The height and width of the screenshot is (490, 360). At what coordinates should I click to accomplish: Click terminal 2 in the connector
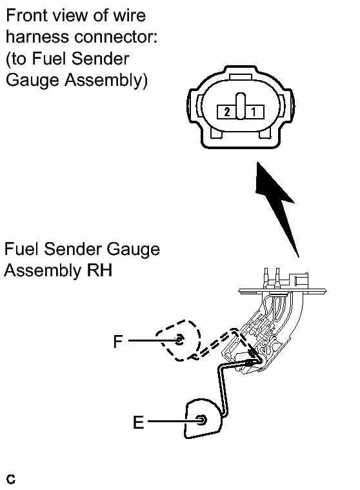(x=226, y=112)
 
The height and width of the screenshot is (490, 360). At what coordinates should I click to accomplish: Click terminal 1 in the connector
(x=254, y=112)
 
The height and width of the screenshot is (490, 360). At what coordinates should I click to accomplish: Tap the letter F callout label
(x=117, y=342)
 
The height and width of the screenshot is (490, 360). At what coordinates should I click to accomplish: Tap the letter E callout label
(x=138, y=422)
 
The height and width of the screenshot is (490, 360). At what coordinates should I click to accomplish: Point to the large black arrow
(x=276, y=208)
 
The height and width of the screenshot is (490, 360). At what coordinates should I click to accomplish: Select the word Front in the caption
(x=26, y=15)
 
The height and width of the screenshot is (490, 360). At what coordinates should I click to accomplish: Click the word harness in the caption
(x=37, y=37)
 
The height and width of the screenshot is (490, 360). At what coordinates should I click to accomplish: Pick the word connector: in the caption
(x=115, y=37)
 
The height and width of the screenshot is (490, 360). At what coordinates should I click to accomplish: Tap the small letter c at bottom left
(x=10, y=479)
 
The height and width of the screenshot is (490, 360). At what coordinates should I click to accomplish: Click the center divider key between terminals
(x=241, y=107)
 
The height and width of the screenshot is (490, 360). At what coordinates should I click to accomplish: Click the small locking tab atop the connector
(x=241, y=77)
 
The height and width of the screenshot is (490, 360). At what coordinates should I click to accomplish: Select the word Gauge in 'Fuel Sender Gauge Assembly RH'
(x=133, y=250)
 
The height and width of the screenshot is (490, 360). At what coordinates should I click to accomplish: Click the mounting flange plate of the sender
(x=282, y=291)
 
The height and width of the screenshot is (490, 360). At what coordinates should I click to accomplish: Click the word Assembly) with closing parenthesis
(x=106, y=80)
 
